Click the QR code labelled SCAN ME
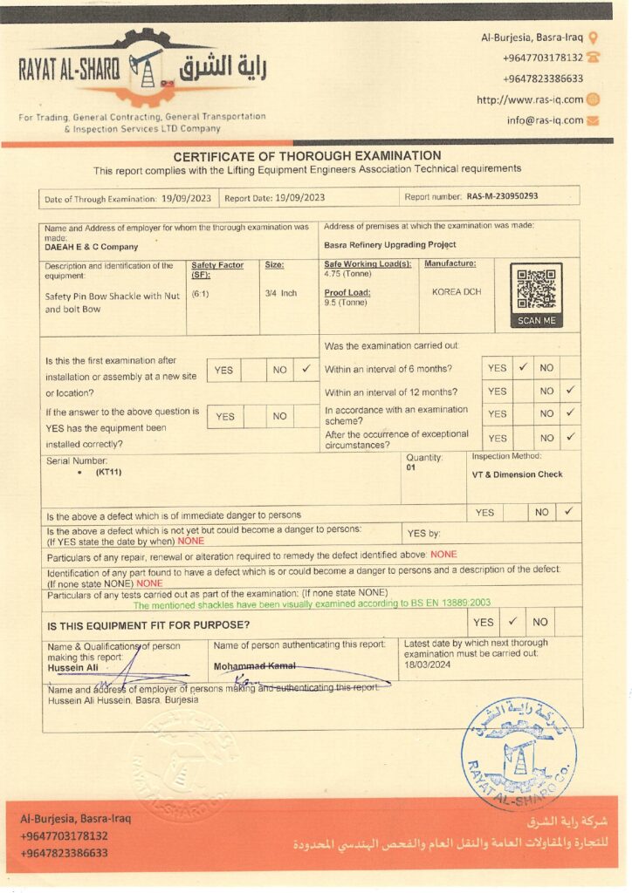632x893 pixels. (x=536, y=290)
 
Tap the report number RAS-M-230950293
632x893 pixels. (x=502, y=197)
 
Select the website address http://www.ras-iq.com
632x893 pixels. (x=530, y=99)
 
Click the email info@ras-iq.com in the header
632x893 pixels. (x=545, y=120)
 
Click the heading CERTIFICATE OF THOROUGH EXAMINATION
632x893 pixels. (x=307, y=156)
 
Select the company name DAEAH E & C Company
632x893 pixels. (x=92, y=247)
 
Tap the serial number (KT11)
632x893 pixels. (x=110, y=472)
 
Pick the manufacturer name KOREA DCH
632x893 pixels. (x=457, y=292)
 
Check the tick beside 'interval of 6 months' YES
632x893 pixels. (x=523, y=368)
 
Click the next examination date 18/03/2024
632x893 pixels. (x=427, y=664)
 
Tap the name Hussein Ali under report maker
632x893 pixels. (x=72, y=668)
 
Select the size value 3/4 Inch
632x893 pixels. (x=281, y=294)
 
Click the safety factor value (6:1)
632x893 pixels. (x=201, y=294)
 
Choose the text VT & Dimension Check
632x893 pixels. (x=517, y=475)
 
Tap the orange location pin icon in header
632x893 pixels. (x=594, y=37)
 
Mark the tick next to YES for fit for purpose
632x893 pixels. (x=512, y=622)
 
